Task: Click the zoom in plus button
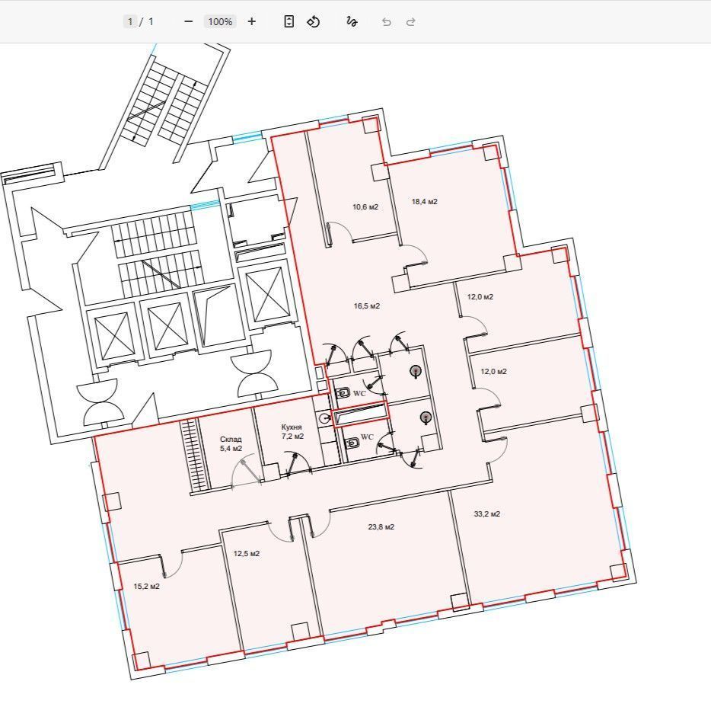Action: (252, 21)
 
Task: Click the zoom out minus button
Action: (189, 21)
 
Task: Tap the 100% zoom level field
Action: (220, 21)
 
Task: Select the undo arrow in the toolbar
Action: (387, 22)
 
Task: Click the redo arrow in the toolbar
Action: (411, 22)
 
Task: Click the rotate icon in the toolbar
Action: (314, 21)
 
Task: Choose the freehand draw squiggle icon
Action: (352, 21)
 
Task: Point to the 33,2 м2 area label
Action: (487, 513)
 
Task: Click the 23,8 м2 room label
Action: (381, 527)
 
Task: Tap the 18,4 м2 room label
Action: (425, 201)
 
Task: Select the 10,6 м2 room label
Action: (365, 207)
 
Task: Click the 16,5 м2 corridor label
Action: (367, 306)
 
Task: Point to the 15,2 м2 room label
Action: (146, 587)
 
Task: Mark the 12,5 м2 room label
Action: (247, 554)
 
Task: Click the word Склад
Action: (231, 440)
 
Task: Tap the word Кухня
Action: (292, 427)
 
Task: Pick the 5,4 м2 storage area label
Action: (231, 448)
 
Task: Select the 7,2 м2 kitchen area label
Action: (292, 436)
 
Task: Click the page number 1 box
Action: (130, 21)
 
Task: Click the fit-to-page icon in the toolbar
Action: (289, 21)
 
